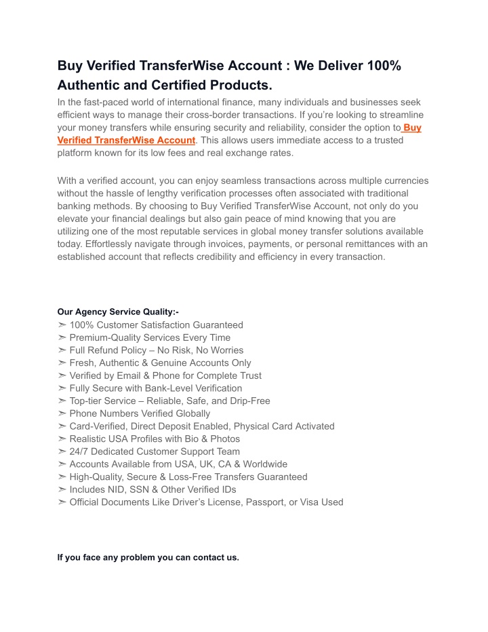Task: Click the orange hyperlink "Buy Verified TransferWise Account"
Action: click(126, 140)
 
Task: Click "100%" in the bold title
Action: click(384, 66)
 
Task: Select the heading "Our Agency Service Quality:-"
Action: click(118, 312)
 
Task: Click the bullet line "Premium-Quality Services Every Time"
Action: click(150, 337)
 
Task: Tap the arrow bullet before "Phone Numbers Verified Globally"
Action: click(62, 413)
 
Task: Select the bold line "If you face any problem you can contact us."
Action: click(148, 558)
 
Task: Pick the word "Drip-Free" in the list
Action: click(248, 401)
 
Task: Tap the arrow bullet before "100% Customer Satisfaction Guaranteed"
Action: click(62, 325)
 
